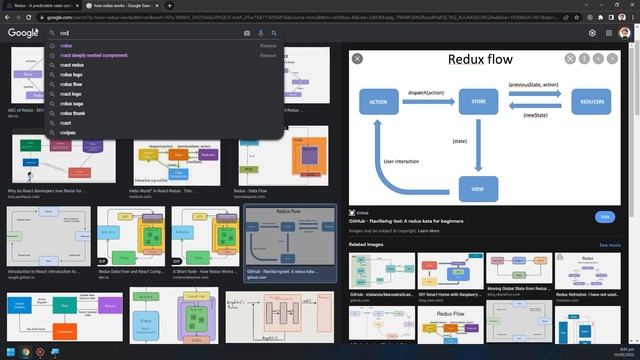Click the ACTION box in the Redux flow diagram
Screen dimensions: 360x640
tap(378, 102)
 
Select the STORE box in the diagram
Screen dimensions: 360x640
tap(478, 102)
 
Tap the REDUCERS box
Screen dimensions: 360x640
tap(590, 102)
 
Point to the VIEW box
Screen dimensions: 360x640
tap(478, 188)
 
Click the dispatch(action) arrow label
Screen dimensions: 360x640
tap(428, 92)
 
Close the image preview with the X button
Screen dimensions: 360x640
tap(358, 59)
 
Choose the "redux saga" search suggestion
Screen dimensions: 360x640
tap(71, 103)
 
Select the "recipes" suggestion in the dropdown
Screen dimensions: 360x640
tap(68, 132)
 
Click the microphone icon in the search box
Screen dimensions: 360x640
tap(260, 33)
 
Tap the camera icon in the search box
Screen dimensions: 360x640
tap(247, 33)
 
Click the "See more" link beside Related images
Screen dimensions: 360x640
tap(609, 244)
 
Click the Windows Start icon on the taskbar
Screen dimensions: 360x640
tap(7, 352)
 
